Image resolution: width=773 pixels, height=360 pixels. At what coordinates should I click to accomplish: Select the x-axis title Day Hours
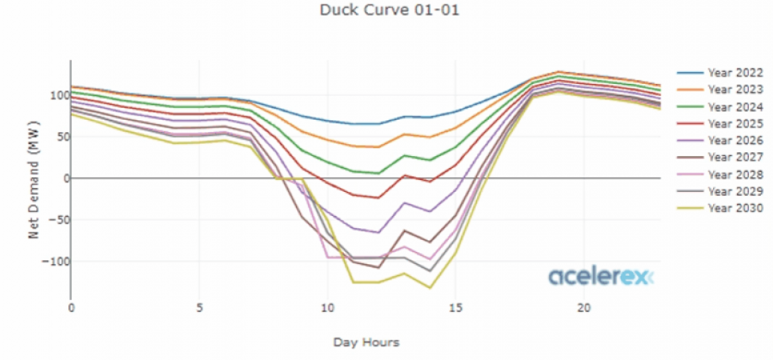tap(366, 342)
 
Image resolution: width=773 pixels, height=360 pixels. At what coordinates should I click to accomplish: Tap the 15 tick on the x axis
tap(454, 308)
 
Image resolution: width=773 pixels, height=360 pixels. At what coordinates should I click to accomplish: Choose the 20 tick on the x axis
tap(583, 308)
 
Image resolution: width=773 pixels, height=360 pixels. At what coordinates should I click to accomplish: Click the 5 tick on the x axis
tap(199, 308)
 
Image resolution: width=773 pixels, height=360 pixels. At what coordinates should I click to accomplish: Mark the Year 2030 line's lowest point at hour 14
tap(430, 287)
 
